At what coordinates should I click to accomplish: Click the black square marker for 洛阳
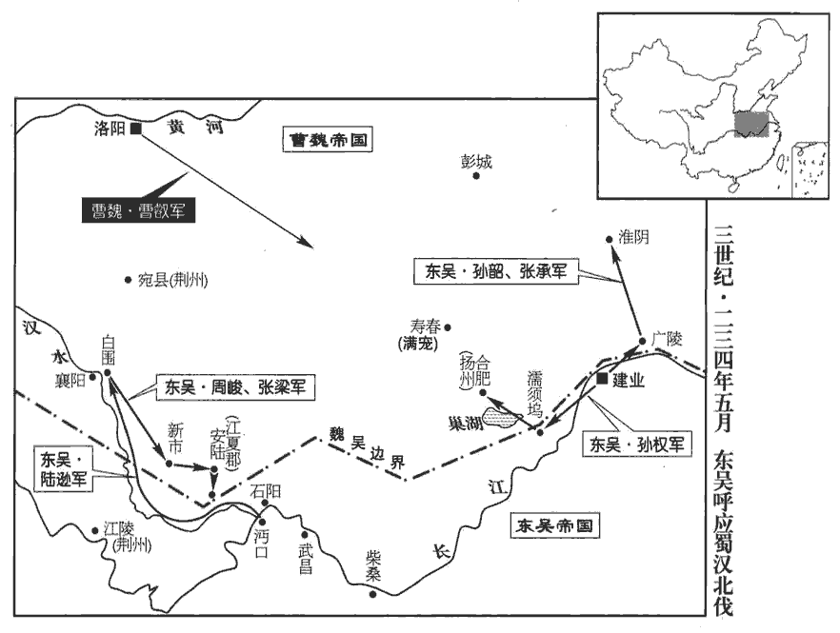pos(136,129)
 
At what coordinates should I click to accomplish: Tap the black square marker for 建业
pos(603,379)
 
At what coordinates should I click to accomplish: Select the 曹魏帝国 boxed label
pos(328,140)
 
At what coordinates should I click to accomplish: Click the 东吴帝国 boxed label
pos(554,525)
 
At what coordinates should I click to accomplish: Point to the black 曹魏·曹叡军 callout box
pos(138,210)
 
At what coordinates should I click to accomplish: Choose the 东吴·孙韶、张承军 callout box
pos(496,271)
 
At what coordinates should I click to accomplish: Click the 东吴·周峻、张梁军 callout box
pos(235,386)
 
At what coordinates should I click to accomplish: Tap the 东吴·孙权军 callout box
pos(636,445)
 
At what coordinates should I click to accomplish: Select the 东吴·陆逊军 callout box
pos(63,469)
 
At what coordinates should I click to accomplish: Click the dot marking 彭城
pos(476,176)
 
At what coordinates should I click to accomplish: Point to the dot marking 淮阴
pos(610,239)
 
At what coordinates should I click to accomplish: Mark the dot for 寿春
pos(448,327)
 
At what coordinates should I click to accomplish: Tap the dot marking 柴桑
pos(372,594)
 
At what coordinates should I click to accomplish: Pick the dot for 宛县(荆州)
pos(128,279)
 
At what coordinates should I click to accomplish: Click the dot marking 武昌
pos(305,534)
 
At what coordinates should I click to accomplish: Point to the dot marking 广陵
pos(642,341)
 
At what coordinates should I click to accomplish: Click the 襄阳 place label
pos(70,380)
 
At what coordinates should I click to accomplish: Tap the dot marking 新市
pos(170,464)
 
